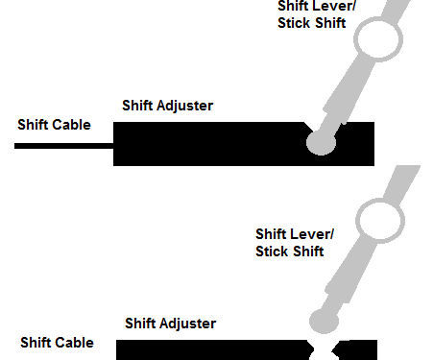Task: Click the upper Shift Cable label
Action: coord(54,125)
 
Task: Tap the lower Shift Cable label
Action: coord(58,343)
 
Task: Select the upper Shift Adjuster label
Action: coord(167,106)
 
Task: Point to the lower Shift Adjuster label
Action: coord(171,324)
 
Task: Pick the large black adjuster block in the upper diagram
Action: coord(211,144)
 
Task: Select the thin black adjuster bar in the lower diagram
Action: coord(211,349)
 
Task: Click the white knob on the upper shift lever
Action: coord(377,39)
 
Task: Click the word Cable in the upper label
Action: coord(73,125)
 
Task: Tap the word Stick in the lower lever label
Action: coord(274,252)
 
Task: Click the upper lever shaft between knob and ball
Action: coord(342,96)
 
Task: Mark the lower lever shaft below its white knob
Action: coord(346,278)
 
